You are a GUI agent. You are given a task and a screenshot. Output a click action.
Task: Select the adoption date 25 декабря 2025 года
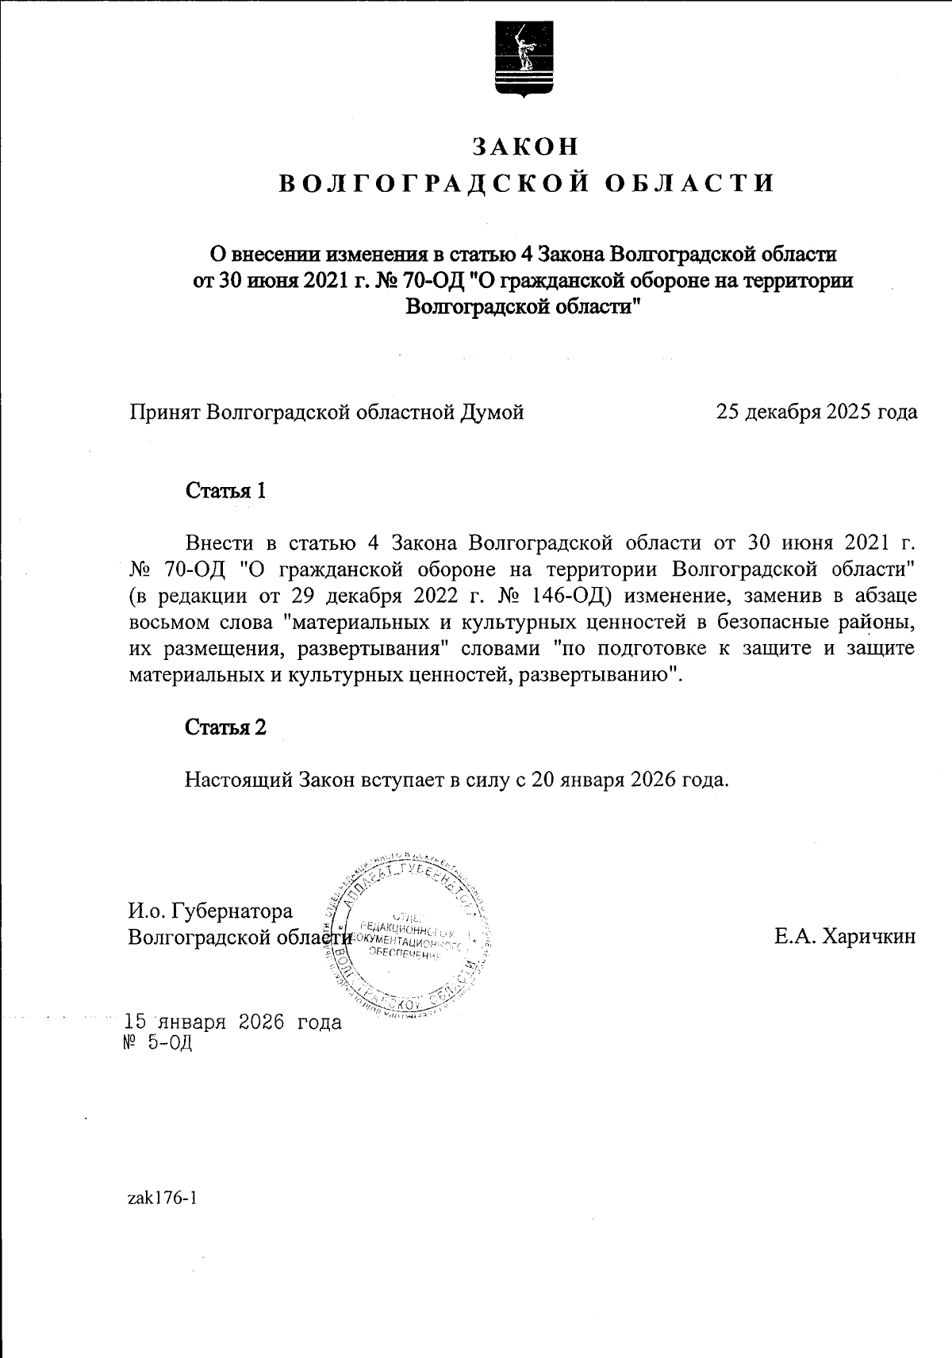click(x=816, y=412)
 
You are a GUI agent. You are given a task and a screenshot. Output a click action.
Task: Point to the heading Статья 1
click(x=225, y=491)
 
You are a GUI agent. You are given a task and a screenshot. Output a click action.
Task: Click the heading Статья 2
click(x=225, y=727)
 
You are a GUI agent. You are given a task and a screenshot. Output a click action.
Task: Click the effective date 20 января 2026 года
click(x=628, y=779)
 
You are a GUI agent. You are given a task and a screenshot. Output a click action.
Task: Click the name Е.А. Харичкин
click(x=845, y=937)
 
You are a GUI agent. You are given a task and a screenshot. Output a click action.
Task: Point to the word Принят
click(x=164, y=412)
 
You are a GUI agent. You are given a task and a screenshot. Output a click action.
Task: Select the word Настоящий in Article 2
click(x=239, y=779)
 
